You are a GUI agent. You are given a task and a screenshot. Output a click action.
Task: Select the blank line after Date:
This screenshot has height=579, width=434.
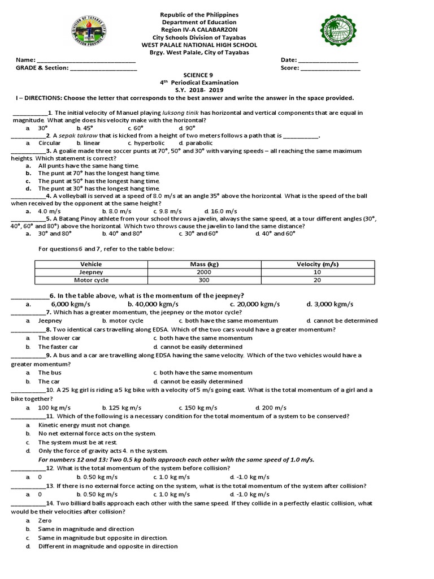(x=328, y=61)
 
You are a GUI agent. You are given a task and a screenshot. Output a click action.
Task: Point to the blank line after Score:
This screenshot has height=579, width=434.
(x=331, y=68)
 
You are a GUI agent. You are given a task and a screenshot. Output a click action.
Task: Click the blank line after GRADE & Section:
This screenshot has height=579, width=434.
(x=103, y=68)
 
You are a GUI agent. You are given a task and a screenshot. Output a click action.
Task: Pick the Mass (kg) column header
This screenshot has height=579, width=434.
(x=204, y=264)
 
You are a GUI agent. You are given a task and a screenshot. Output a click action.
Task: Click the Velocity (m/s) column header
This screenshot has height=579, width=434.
(x=317, y=264)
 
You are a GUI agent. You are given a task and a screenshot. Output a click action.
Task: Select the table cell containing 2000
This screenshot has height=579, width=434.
(x=204, y=272)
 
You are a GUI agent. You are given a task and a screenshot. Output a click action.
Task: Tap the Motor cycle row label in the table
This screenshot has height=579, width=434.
(x=91, y=280)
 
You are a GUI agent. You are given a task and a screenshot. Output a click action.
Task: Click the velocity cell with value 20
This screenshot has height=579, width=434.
(x=317, y=280)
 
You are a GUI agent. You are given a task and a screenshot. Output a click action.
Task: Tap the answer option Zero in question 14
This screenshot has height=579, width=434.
(x=45, y=520)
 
